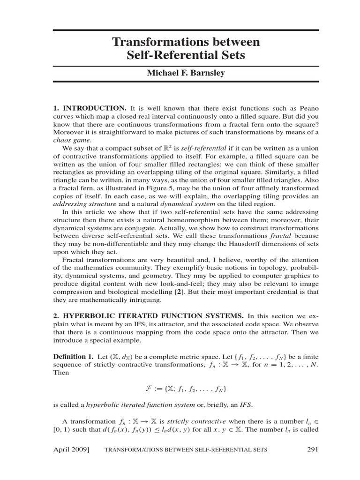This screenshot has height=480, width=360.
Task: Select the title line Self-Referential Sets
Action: click(x=186, y=56)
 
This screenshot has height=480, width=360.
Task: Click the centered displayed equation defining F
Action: click(x=186, y=389)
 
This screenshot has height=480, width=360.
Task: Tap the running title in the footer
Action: click(x=186, y=450)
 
